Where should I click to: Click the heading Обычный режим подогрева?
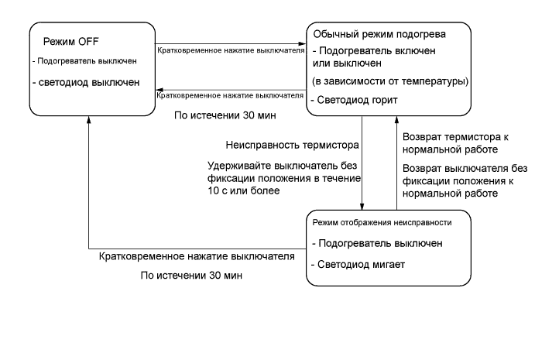coord(379,36)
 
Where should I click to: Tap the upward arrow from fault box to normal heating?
coord(398,163)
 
